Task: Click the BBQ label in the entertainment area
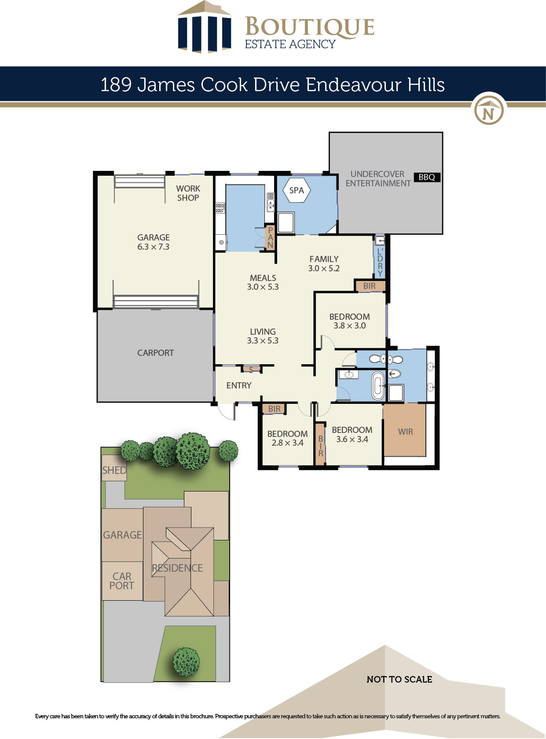click(x=427, y=177)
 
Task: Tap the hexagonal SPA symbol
click(x=296, y=190)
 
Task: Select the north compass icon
click(x=488, y=109)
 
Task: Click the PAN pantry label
click(x=270, y=237)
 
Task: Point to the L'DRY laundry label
click(x=380, y=262)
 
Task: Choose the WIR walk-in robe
click(x=405, y=432)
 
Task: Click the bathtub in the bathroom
click(x=378, y=385)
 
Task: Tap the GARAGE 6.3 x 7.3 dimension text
click(x=153, y=247)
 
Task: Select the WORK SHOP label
click(x=188, y=193)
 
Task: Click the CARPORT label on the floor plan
click(x=155, y=353)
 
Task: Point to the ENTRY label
click(x=239, y=385)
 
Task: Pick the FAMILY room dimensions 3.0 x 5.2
click(x=324, y=269)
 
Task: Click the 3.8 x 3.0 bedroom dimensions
click(x=350, y=326)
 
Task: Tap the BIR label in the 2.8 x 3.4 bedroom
click(x=275, y=409)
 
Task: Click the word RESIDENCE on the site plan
click(x=177, y=568)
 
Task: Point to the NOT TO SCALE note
click(x=399, y=680)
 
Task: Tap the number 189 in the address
click(x=116, y=85)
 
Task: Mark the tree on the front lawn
click(x=186, y=662)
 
